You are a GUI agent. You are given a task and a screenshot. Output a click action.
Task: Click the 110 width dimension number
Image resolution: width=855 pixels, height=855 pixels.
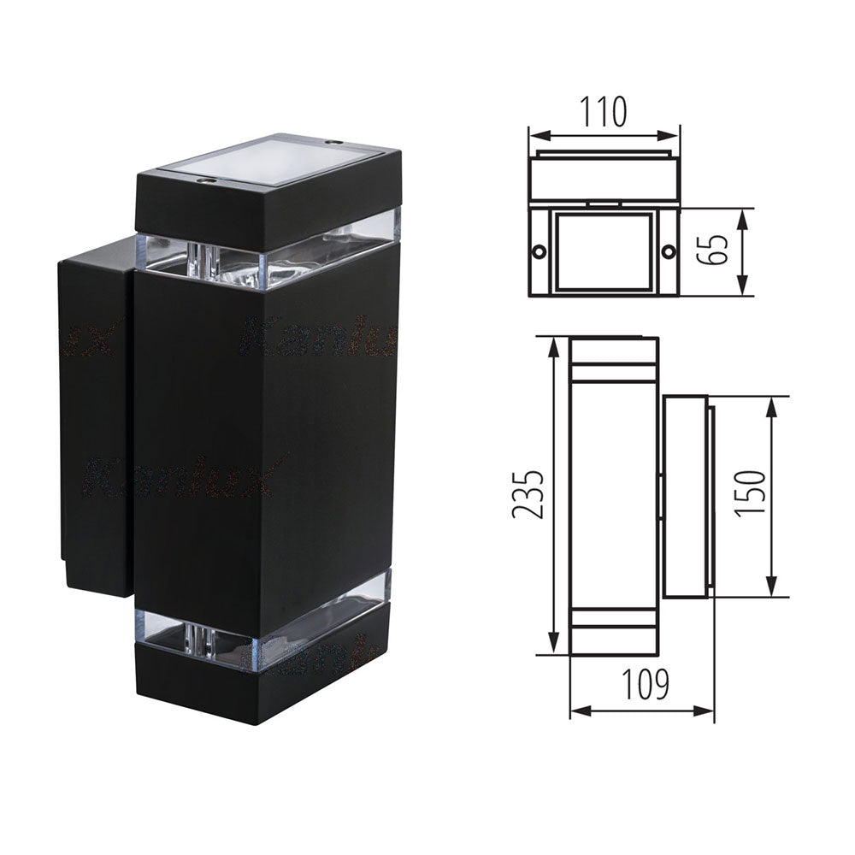pos(604,112)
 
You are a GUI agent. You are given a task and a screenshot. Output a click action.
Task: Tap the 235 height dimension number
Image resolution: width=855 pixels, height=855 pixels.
pos(527,494)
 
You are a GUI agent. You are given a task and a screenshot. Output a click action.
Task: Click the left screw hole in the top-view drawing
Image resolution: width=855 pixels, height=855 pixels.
pos(540,252)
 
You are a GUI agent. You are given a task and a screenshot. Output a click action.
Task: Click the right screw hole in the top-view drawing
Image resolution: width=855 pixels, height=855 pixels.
pos(668,252)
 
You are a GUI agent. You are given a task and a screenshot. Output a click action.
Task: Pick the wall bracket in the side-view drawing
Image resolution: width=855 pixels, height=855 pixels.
pos(684,496)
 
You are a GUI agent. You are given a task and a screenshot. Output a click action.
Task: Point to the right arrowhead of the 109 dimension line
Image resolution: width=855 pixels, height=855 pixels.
pos(709,710)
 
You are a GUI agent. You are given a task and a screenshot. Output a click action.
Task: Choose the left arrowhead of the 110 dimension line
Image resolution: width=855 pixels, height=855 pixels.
pos(534,135)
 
